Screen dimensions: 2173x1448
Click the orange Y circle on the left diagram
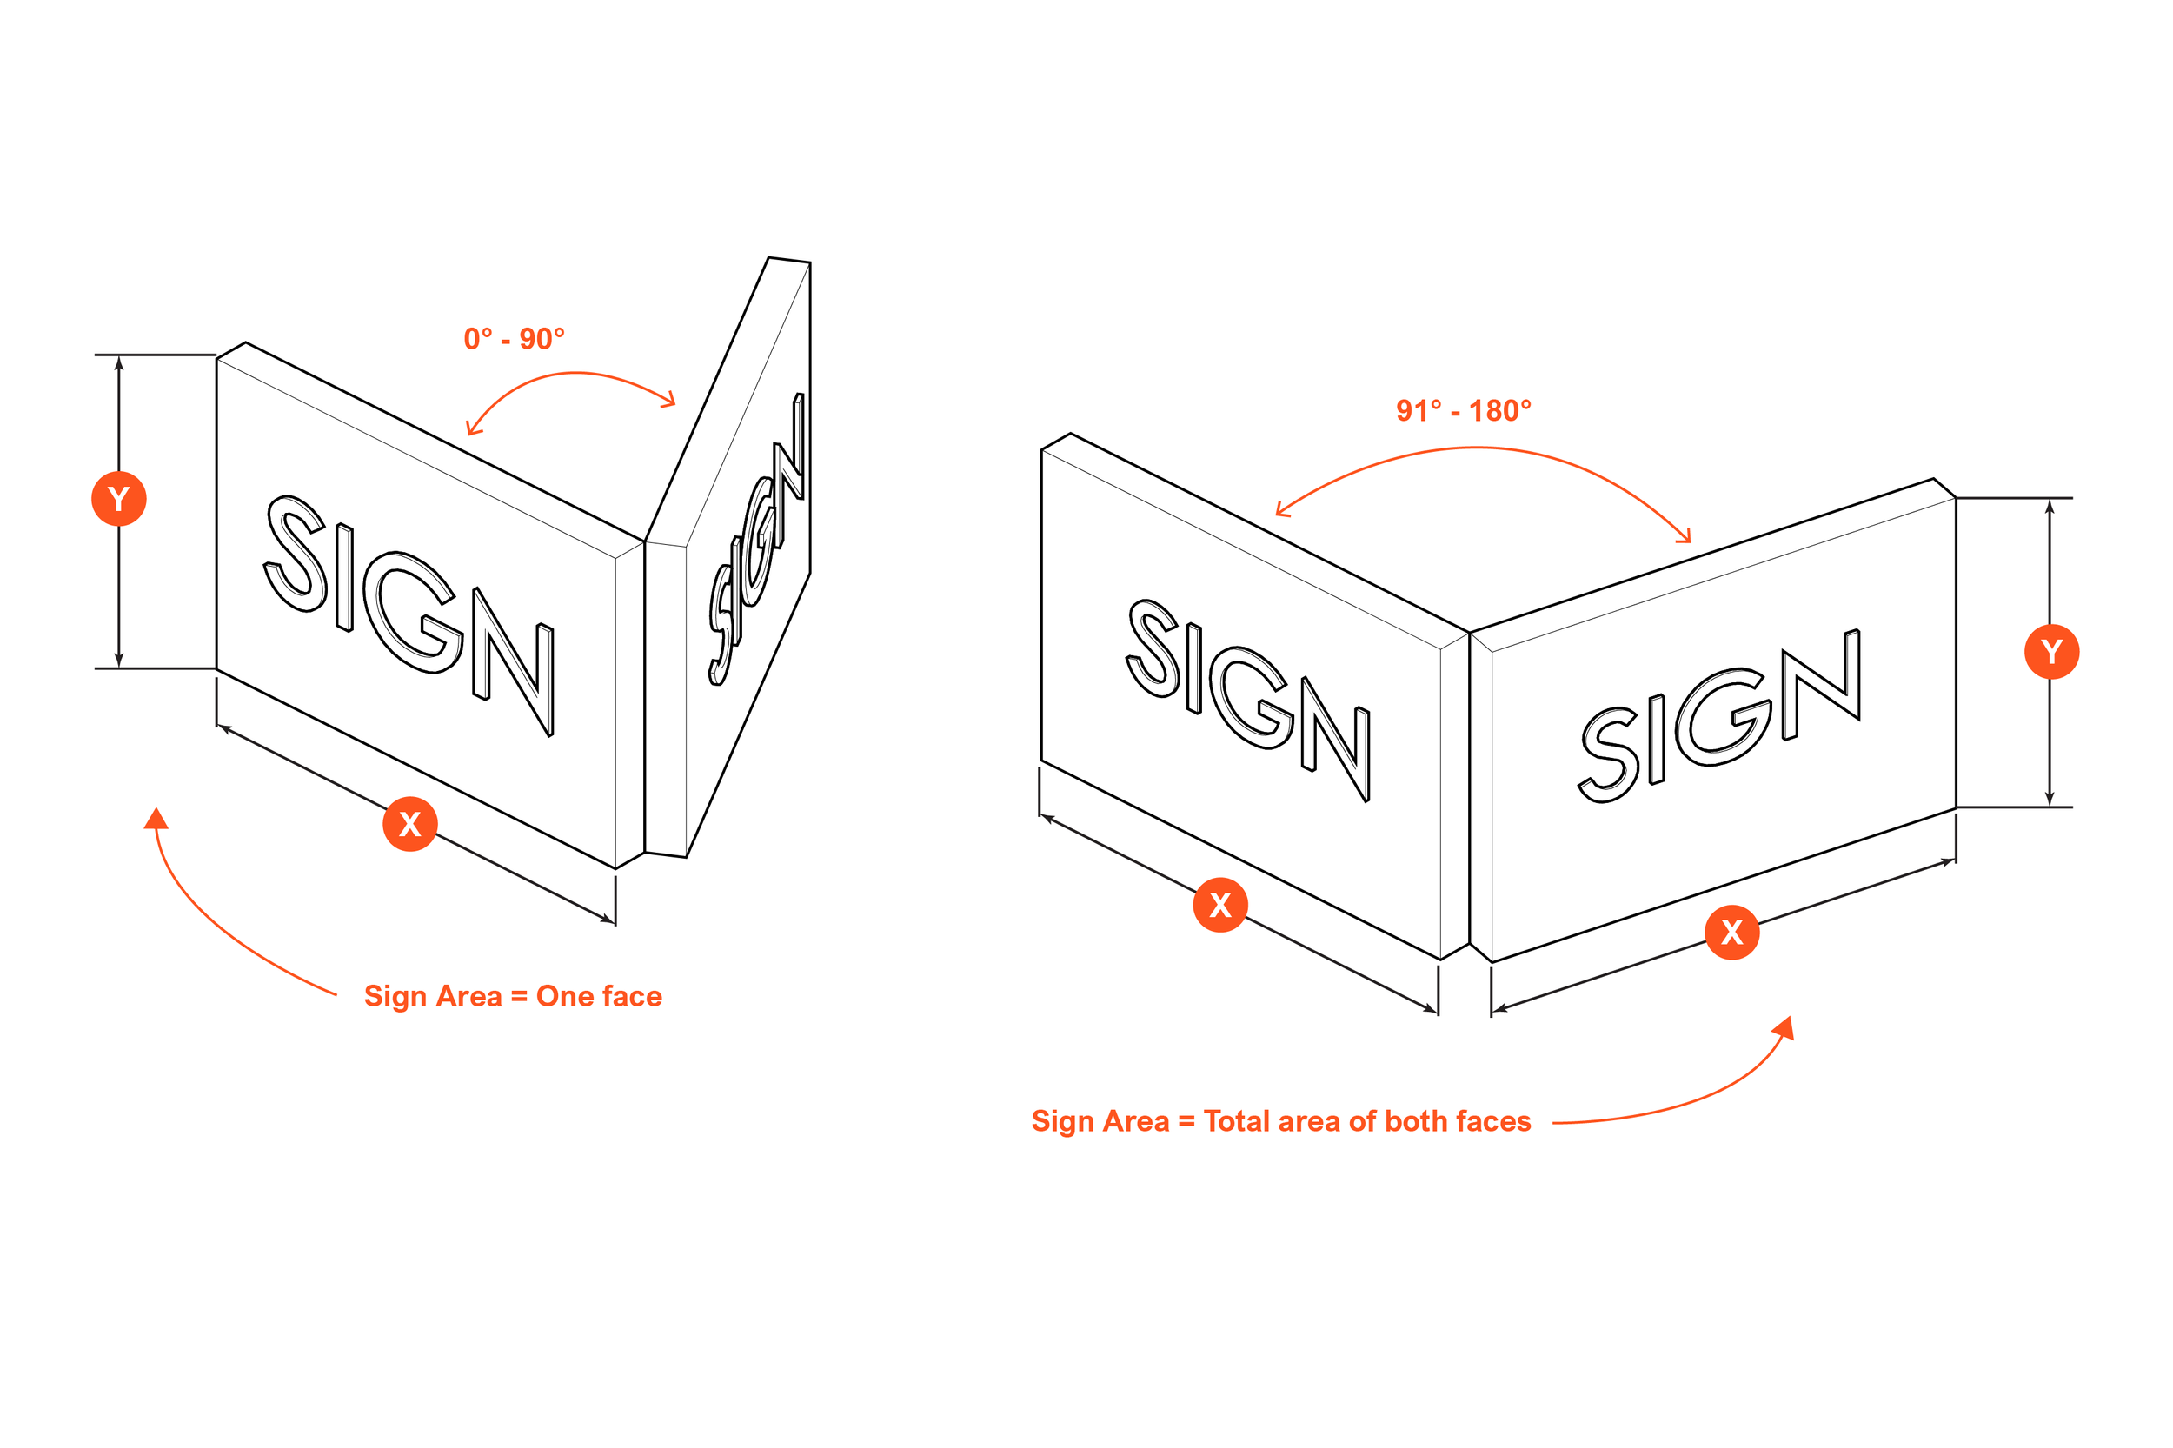[118, 499]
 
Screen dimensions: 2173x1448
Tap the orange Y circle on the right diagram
[2051, 651]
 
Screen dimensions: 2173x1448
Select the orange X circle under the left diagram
[409, 823]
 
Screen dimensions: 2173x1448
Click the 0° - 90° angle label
[514, 339]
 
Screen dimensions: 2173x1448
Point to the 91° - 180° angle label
[1463, 410]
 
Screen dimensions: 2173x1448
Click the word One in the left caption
[564, 996]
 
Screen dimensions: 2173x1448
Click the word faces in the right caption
[1493, 1121]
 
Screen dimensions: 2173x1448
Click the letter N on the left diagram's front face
[515, 661]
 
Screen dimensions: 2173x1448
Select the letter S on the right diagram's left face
[1153, 648]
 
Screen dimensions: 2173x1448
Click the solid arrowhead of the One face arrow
[157, 819]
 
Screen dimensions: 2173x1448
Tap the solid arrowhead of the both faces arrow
[1785, 1028]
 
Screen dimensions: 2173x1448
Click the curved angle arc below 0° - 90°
[575, 373]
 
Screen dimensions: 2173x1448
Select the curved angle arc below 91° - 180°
[1478, 448]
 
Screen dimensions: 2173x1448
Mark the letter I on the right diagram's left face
[1193, 668]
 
